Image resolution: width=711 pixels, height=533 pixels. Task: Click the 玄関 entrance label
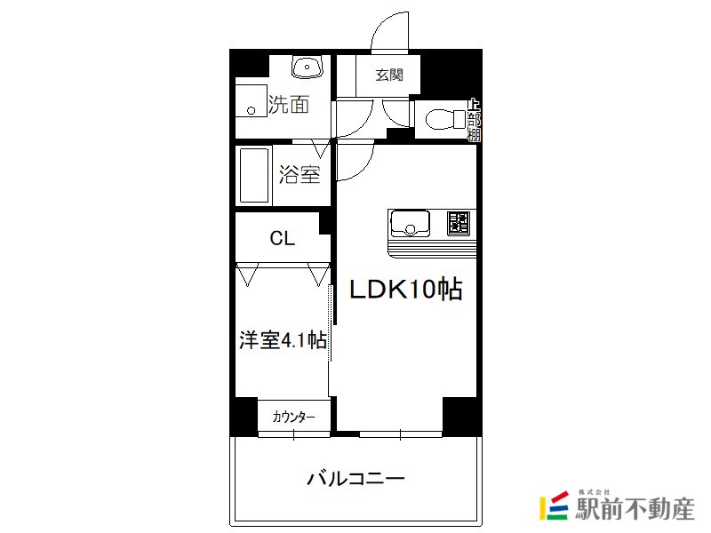(388, 75)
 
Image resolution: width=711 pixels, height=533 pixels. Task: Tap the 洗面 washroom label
(289, 105)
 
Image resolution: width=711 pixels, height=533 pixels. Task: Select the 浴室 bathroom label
(300, 175)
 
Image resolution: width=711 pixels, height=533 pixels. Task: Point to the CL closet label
(283, 238)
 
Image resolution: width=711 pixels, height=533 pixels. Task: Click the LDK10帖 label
(404, 290)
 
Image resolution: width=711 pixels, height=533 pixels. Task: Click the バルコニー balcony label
(356, 478)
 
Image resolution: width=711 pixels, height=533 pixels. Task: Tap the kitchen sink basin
(411, 221)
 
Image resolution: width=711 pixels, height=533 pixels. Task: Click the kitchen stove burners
(458, 221)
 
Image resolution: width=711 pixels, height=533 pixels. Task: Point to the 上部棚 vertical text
(475, 120)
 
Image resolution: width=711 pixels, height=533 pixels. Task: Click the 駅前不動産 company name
(633, 509)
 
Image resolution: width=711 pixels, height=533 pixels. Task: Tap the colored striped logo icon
(552, 505)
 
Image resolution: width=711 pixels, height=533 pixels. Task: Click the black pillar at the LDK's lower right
(461, 414)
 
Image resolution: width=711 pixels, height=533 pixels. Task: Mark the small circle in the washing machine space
(252, 111)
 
